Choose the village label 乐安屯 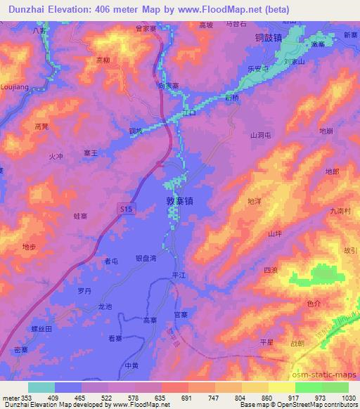coord(258,70)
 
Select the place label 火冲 coord(57,156)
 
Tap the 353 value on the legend coord(26,398)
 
